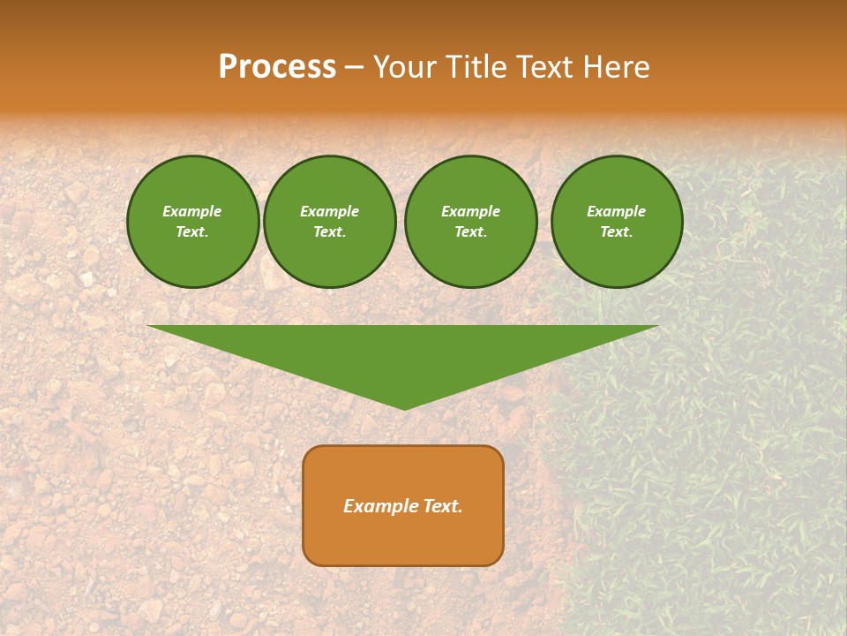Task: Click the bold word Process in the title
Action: pos(277,67)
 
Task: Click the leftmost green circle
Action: pos(192,222)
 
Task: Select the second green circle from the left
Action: pos(330,222)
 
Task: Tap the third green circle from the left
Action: pos(470,222)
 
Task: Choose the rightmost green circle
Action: pos(617,222)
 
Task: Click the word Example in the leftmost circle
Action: pos(192,211)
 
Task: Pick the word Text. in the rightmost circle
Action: pos(617,232)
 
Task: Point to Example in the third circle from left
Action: pos(470,211)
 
